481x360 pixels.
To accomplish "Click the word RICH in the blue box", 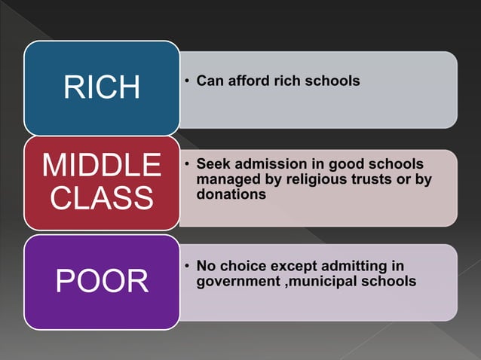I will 102,87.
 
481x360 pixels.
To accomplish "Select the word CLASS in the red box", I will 102,198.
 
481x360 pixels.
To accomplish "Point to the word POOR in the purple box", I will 102,282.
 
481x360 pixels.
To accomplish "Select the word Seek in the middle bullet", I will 212,164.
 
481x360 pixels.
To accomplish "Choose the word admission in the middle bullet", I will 268,164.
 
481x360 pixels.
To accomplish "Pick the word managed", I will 224,180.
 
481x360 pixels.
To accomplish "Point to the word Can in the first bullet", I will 209,80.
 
